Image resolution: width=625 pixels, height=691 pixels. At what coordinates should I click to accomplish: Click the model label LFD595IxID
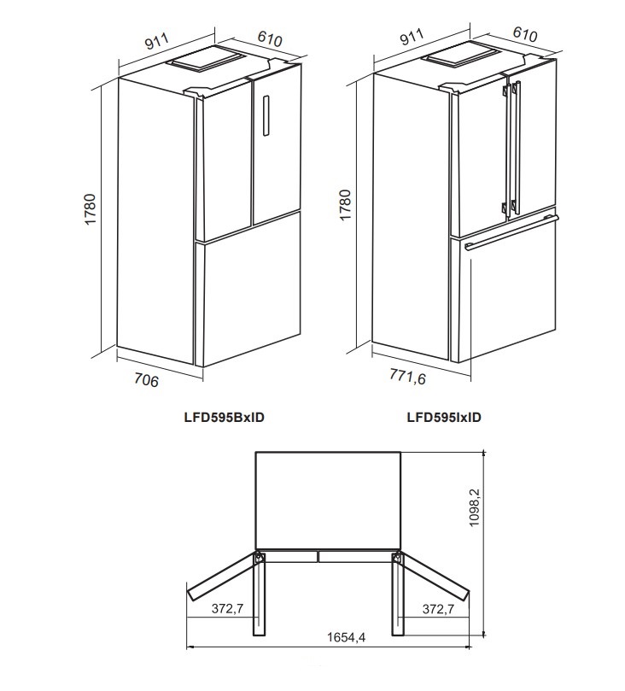coord(444,418)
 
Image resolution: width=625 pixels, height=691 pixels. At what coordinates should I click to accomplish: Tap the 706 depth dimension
coord(147,380)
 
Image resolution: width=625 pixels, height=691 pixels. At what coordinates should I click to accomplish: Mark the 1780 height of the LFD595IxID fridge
coord(345,206)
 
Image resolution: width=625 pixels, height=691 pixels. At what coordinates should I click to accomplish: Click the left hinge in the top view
coord(258,558)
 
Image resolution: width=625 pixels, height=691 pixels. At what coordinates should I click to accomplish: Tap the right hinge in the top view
coord(398,558)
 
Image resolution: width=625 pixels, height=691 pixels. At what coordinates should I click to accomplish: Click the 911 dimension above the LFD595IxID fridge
coord(412,38)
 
